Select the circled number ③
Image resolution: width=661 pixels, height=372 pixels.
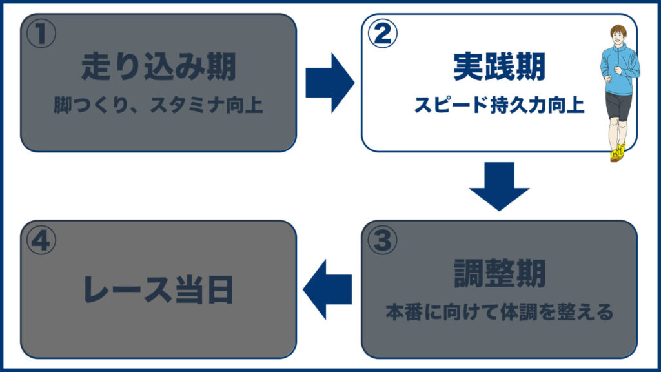pyautogui.click(x=381, y=240)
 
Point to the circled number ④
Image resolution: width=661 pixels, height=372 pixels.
pyautogui.click(x=41, y=240)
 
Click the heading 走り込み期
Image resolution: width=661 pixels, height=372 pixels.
pyautogui.click(x=158, y=67)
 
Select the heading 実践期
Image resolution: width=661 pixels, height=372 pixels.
pyautogui.click(x=499, y=67)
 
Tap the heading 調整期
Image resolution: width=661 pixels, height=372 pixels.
pyautogui.click(x=499, y=274)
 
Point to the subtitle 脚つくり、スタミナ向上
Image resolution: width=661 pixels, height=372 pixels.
pyautogui.click(x=158, y=105)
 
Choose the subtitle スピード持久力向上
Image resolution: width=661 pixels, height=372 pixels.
pyautogui.click(x=499, y=105)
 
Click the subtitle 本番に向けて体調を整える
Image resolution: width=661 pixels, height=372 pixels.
pyautogui.click(x=499, y=313)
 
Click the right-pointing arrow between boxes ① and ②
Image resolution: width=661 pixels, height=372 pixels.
pyautogui.click(x=329, y=83)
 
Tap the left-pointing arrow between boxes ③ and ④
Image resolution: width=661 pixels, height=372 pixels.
pyautogui.click(x=328, y=289)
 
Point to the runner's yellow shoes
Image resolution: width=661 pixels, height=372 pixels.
pyautogui.click(x=617, y=153)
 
